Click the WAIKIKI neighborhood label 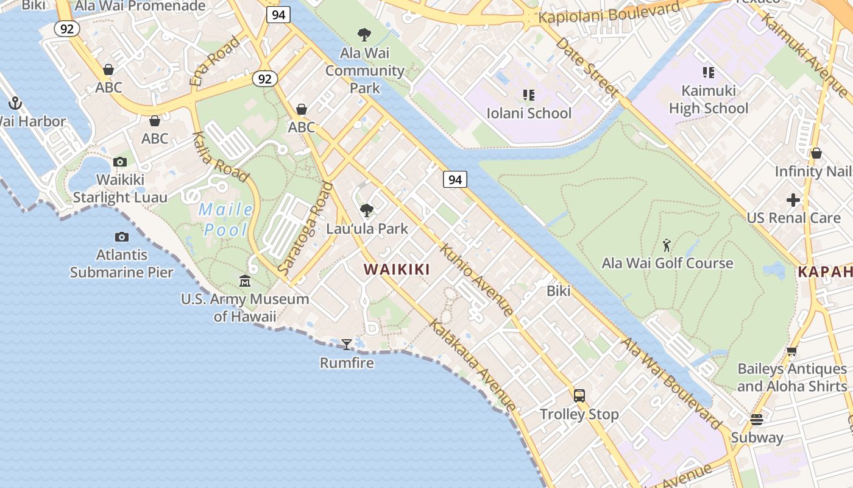pos(397,269)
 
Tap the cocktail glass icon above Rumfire pos(347,345)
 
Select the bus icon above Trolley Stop pos(579,395)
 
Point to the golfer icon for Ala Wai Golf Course pos(667,245)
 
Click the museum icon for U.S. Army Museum pos(245,281)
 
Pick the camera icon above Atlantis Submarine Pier pos(122,237)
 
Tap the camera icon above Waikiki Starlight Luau pos(120,162)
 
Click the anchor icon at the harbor pos(15,103)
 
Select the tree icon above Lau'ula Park pos(367,210)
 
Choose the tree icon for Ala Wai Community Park pos(364,34)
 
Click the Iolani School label pos(529,113)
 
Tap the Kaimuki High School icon pos(708,73)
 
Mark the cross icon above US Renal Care pos(793,199)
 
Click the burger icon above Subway pos(757,420)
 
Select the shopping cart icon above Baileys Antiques pos(791,351)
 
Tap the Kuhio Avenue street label pos(476,280)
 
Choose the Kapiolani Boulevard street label pos(609,13)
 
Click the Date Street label pos(587,68)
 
